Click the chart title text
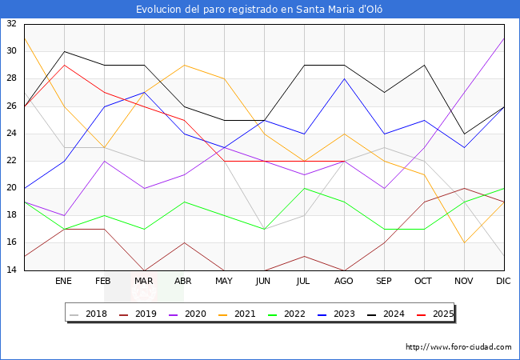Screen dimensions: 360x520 [x=260, y=9]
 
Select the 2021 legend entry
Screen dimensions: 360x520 [x=238, y=314]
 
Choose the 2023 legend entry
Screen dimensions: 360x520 [x=335, y=314]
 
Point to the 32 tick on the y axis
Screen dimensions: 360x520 [x=11, y=24]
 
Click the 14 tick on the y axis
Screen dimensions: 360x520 [x=11, y=270]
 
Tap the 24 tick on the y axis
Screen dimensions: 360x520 [x=11, y=134]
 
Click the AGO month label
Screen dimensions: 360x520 [x=344, y=282]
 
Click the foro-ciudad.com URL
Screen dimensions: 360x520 [x=458, y=347]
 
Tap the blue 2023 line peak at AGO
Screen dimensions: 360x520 [x=344, y=78]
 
